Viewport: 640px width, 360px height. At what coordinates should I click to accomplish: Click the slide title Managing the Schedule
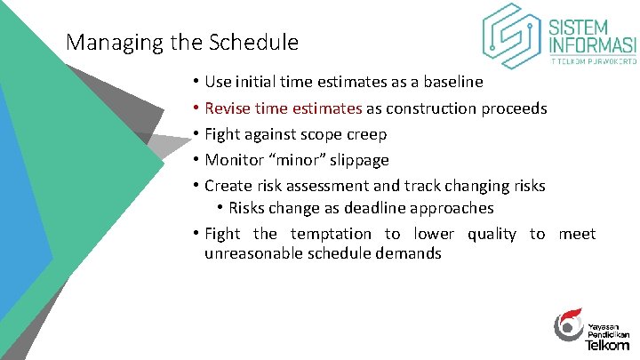[x=182, y=42]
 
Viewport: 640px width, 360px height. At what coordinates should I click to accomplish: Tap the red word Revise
[x=227, y=108]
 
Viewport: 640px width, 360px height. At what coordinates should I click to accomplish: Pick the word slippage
[x=359, y=161]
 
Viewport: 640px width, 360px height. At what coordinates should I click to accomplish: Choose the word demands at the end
[x=412, y=253]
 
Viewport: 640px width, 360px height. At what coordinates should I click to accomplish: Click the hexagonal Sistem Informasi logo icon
[x=512, y=36]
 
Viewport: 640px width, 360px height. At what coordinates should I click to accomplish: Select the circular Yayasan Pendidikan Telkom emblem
[x=569, y=326]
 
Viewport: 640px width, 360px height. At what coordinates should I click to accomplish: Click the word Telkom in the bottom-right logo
[x=607, y=343]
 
